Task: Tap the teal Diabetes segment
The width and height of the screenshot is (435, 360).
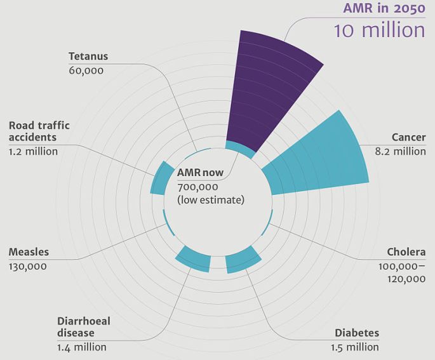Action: click(x=243, y=260)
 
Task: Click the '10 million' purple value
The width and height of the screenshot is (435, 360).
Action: click(x=380, y=29)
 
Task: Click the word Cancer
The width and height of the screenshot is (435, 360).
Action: click(x=408, y=137)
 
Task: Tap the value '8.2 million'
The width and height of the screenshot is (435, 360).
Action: click(x=401, y=151)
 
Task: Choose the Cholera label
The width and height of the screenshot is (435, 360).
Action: click(x=406, y=251)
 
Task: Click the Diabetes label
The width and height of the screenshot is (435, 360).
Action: click(x=357, y=333)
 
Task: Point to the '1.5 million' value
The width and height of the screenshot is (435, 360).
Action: click(x=354, y=347)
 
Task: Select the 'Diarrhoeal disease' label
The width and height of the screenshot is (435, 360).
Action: click(x=83, y=327)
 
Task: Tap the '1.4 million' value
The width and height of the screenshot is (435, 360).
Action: click(x=81, y=347)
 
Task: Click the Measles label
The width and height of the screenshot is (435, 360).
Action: click(x=29, y=252)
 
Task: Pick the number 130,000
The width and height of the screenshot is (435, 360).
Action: click(x=27, y=266)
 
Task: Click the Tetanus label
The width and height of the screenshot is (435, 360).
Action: click(x=88, y=56)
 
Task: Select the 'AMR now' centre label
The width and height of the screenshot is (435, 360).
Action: click(x=198, y=173)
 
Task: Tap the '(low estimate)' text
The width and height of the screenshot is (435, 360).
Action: click(x=211, y=200)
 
